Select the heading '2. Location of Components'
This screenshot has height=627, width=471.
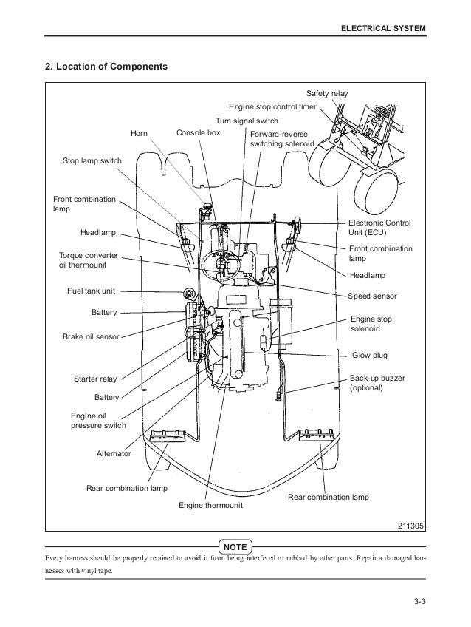107,67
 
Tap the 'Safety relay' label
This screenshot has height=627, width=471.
327,93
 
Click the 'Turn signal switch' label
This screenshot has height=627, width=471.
247,120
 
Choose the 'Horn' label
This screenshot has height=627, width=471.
139,133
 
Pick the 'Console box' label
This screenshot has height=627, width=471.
199,133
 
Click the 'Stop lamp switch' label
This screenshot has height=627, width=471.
92,160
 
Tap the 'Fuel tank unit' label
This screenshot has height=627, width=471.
96,291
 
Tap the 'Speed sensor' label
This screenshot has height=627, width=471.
372,296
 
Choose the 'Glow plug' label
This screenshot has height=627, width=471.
370,355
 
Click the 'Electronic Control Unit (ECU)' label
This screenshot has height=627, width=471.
379,227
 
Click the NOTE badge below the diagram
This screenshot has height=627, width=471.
235,546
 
